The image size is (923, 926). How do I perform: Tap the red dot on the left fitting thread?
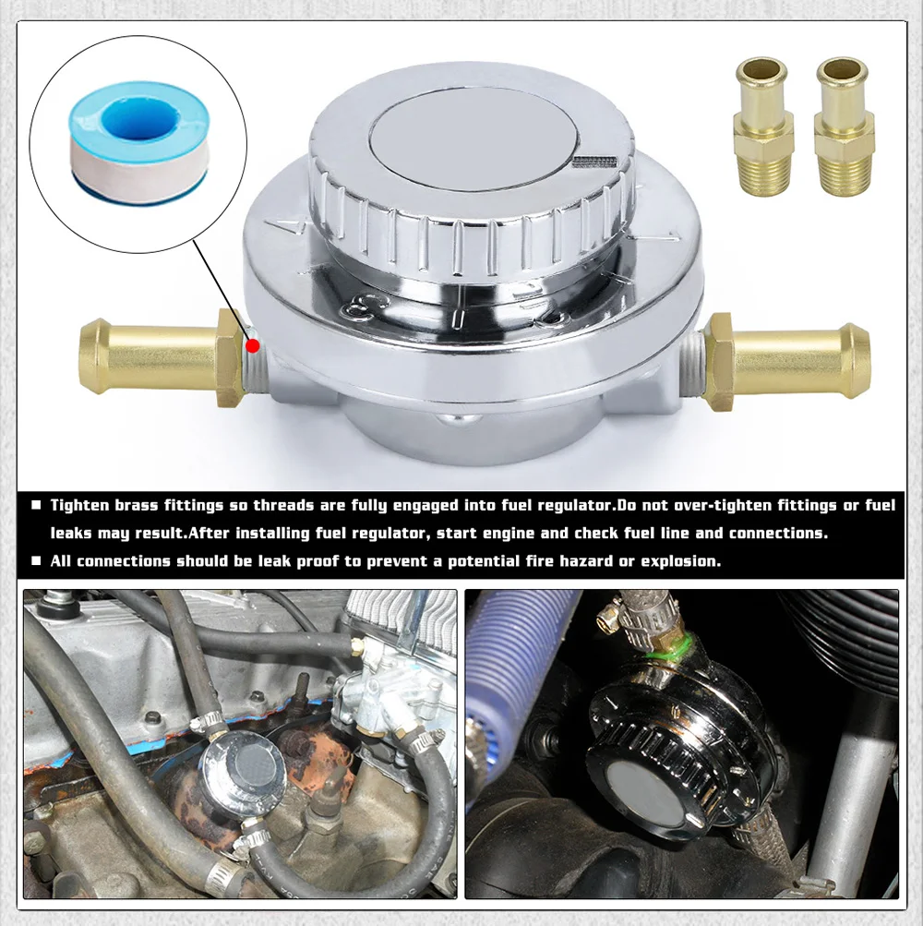click(x=253, y=345)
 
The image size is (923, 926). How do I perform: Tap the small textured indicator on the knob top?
click(x=593, y=162)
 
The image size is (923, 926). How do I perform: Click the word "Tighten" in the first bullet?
click(x=79, y=506)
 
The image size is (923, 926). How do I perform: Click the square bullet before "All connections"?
click(x=37, y=560)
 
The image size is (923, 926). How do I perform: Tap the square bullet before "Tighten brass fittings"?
click(x=37, y=505)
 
